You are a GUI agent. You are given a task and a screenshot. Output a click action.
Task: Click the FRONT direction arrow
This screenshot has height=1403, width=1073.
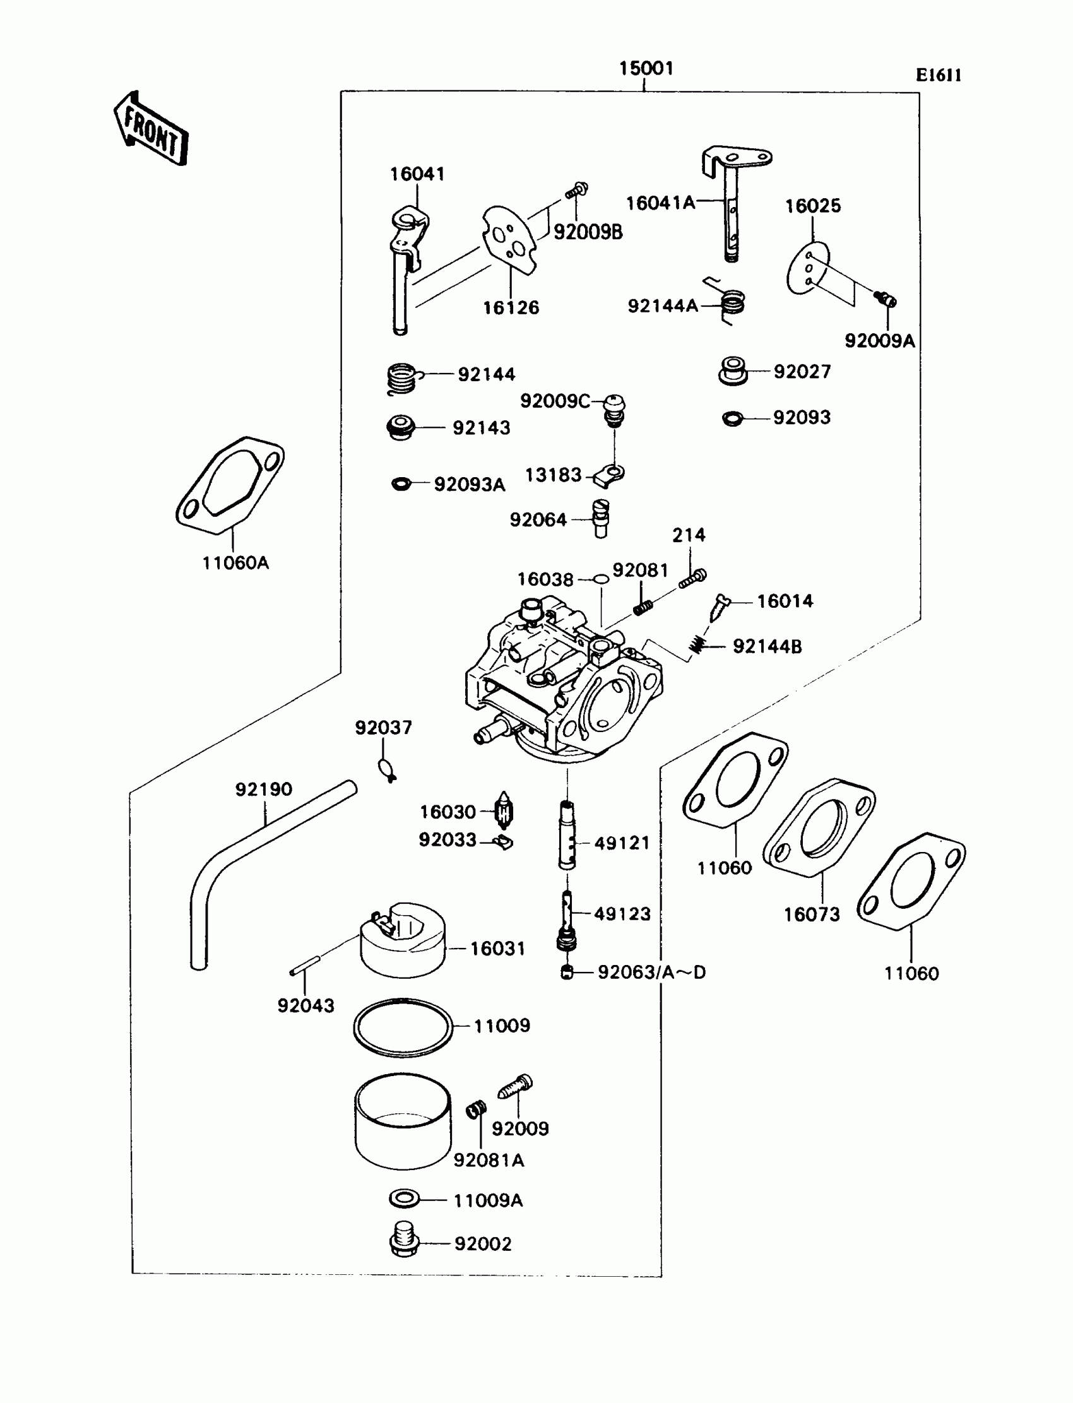coord(151,129)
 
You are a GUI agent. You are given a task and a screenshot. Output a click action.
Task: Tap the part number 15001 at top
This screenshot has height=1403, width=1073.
coord(646,68)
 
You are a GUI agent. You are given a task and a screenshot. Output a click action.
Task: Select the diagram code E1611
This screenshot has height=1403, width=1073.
coord(938,75)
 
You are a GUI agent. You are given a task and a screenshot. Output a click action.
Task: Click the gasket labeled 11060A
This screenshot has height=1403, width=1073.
coord(230,485)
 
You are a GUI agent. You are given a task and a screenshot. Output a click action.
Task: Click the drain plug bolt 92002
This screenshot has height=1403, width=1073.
coord(403,1241)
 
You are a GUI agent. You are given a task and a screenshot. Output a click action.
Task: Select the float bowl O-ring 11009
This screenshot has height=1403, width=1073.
coord(403,1027)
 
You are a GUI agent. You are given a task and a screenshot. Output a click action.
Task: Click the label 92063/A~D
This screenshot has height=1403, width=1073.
coord(651,973)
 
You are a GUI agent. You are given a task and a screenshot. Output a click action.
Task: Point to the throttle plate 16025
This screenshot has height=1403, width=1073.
coord(807,268)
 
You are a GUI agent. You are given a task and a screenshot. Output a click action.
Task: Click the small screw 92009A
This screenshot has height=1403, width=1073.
coord(885,299)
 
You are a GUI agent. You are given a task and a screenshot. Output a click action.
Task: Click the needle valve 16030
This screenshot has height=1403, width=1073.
coord(504,812)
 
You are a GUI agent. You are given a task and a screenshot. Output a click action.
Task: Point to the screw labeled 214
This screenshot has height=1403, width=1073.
coord(692,579)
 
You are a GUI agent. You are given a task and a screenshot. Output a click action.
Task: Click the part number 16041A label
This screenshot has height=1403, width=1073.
coord(660,203)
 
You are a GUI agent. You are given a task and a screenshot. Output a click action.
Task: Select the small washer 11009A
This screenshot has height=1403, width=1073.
coord(405,1199)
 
